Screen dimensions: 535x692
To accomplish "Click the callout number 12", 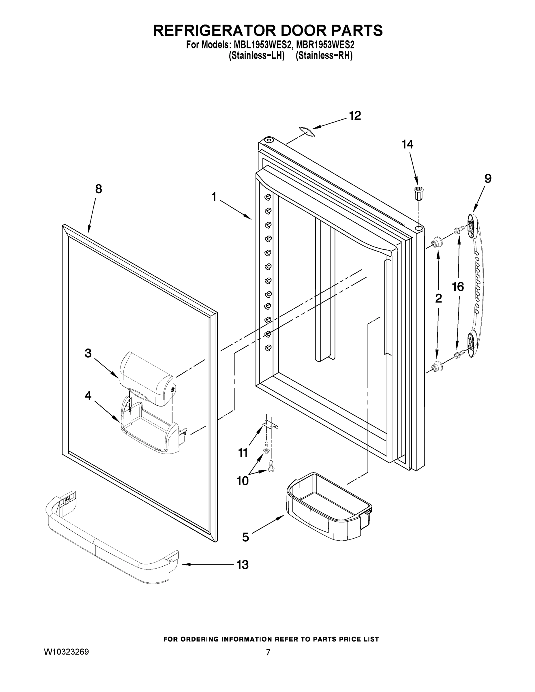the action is point(355,116).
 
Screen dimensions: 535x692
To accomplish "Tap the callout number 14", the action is point(407,144).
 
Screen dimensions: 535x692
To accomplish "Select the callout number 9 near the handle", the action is point(488,179).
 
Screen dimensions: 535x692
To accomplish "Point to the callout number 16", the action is point(458,287).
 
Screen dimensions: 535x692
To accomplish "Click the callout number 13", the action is point(243,565).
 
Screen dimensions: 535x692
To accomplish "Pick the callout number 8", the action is point(99,189).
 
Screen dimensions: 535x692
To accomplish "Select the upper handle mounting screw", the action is point(458,230).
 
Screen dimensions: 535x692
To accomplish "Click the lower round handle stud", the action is point(437,366).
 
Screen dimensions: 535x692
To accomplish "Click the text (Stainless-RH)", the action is point(324,56).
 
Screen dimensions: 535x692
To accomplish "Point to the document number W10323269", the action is point(66,651).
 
